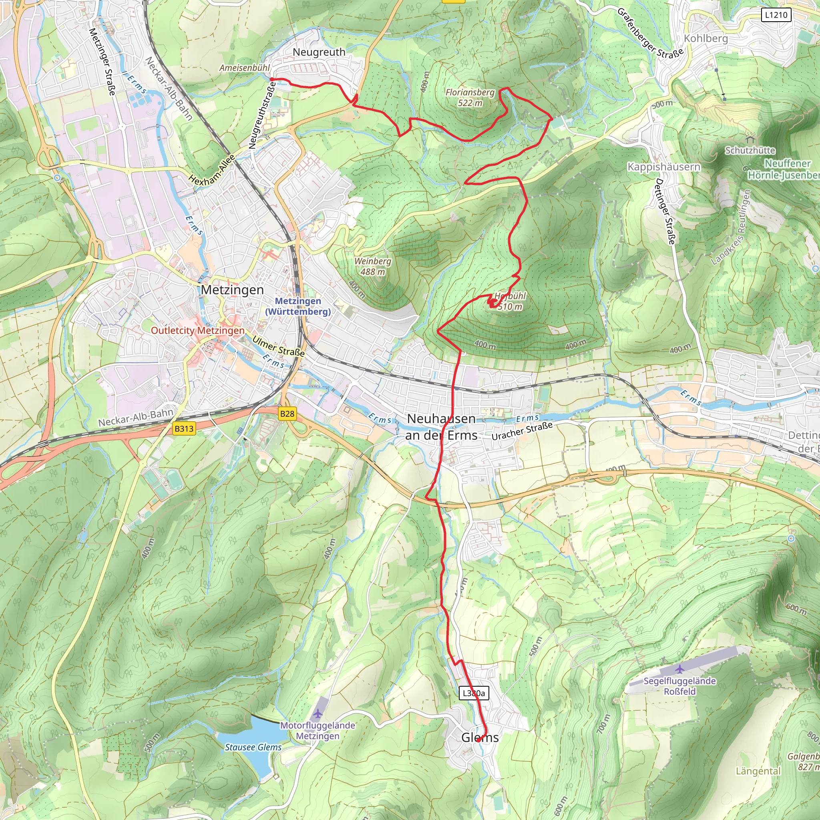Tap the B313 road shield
184,428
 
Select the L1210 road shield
776,15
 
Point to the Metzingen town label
232,290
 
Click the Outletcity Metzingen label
198,330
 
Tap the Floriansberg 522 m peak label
470,97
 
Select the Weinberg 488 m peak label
373,266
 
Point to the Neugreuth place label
319,52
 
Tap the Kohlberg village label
705,38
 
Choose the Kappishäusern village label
664,167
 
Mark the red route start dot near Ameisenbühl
271,79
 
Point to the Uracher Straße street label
522,430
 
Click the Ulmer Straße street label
278,346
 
